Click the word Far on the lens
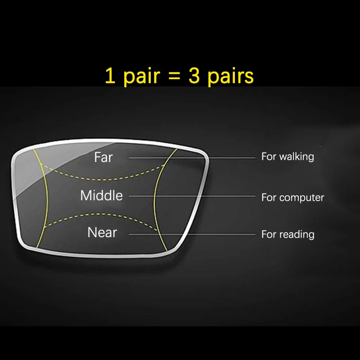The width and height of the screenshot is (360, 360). click(x=103, y=157)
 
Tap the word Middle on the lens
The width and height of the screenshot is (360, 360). click(x=101, y=196)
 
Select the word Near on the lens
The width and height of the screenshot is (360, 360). click(x=102, y=233)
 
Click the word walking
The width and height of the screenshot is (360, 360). click(x=296, y=157)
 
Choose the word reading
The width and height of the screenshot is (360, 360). click(x=297, y=234)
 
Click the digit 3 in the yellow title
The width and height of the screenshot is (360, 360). click(x=194, y=76)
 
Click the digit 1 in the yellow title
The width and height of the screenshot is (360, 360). click(x=109, y=76)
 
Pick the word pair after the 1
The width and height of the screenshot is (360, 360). click(x=139, y=77)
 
